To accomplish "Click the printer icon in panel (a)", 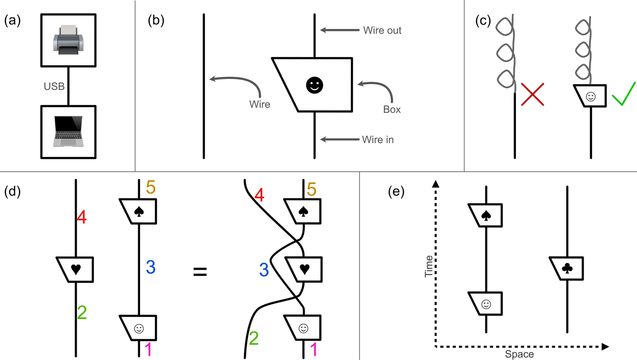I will pos(68,40).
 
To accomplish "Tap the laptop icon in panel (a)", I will pos(68,131).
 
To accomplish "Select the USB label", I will pos(54,86).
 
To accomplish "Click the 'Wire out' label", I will pos(382,30).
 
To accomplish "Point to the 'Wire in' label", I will pos(378,140).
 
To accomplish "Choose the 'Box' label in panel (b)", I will pos(392,110).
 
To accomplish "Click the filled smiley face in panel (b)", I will pos(315,85).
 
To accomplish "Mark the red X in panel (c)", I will pos(532,94).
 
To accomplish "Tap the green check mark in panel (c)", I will pos(623,94).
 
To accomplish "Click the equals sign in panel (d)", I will pos(200,272).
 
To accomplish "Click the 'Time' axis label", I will pos(429,266).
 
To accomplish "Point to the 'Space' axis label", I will pos(519,354).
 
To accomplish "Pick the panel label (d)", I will pos(12,192).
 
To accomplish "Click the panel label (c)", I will pos(483,21).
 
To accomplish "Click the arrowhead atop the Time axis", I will pos(436,184).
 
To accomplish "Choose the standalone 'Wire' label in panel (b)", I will pos(260,104).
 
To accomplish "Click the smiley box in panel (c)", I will pos(591,96).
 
